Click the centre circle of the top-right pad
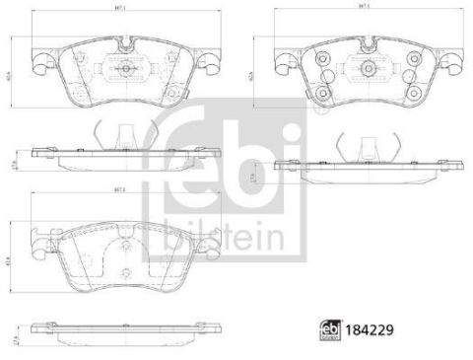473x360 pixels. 366,68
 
